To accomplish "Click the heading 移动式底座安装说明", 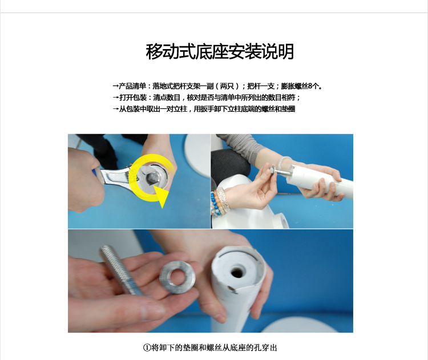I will click(x=220, y=52).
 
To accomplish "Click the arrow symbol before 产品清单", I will click(x=116, y=86).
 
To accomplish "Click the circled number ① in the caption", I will click(x=146, y=347).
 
